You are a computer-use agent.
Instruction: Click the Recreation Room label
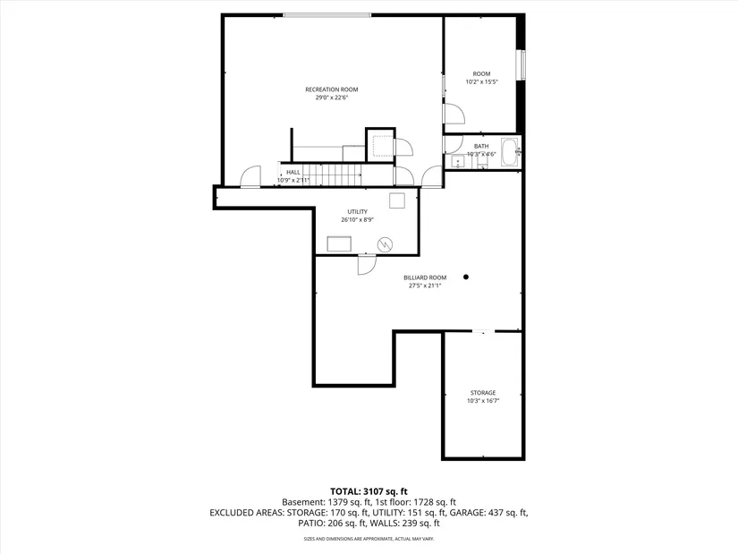(331, 89)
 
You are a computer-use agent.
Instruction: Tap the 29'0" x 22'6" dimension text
(331, 98)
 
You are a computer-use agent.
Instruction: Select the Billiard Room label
(425, 277)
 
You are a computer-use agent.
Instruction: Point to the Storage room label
(483, 393)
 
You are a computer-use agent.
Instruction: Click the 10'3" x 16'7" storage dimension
(483, 401)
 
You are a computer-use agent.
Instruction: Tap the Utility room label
(358, 211)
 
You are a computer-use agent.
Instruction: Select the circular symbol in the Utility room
(385, 243)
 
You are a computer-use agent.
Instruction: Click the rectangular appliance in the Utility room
(340, 244)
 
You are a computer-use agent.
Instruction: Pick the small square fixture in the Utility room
(396, 200)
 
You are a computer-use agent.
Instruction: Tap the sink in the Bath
(456, 162)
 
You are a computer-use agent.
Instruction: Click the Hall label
(293, 172)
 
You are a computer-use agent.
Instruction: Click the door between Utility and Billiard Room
(366, 264)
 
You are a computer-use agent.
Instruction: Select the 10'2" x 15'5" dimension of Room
(481, 81)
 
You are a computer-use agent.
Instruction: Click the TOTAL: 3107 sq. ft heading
(369, 490)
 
